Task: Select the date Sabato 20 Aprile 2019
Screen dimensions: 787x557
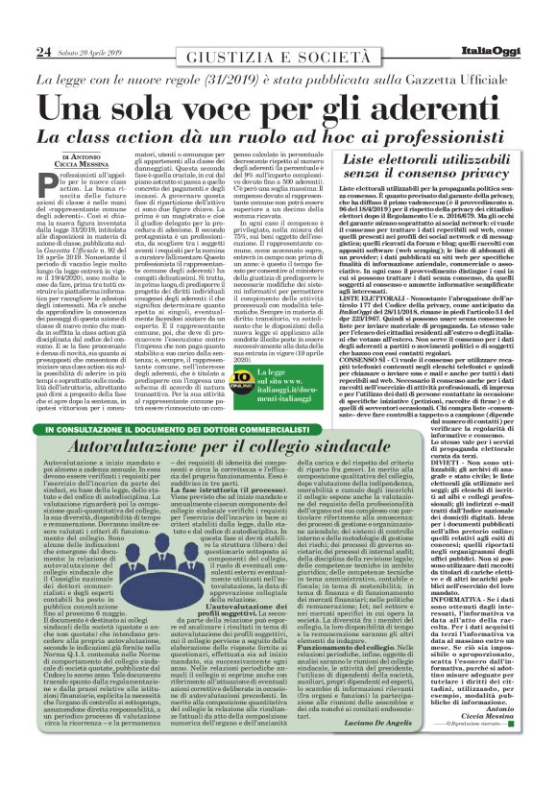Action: coord(87,24)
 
